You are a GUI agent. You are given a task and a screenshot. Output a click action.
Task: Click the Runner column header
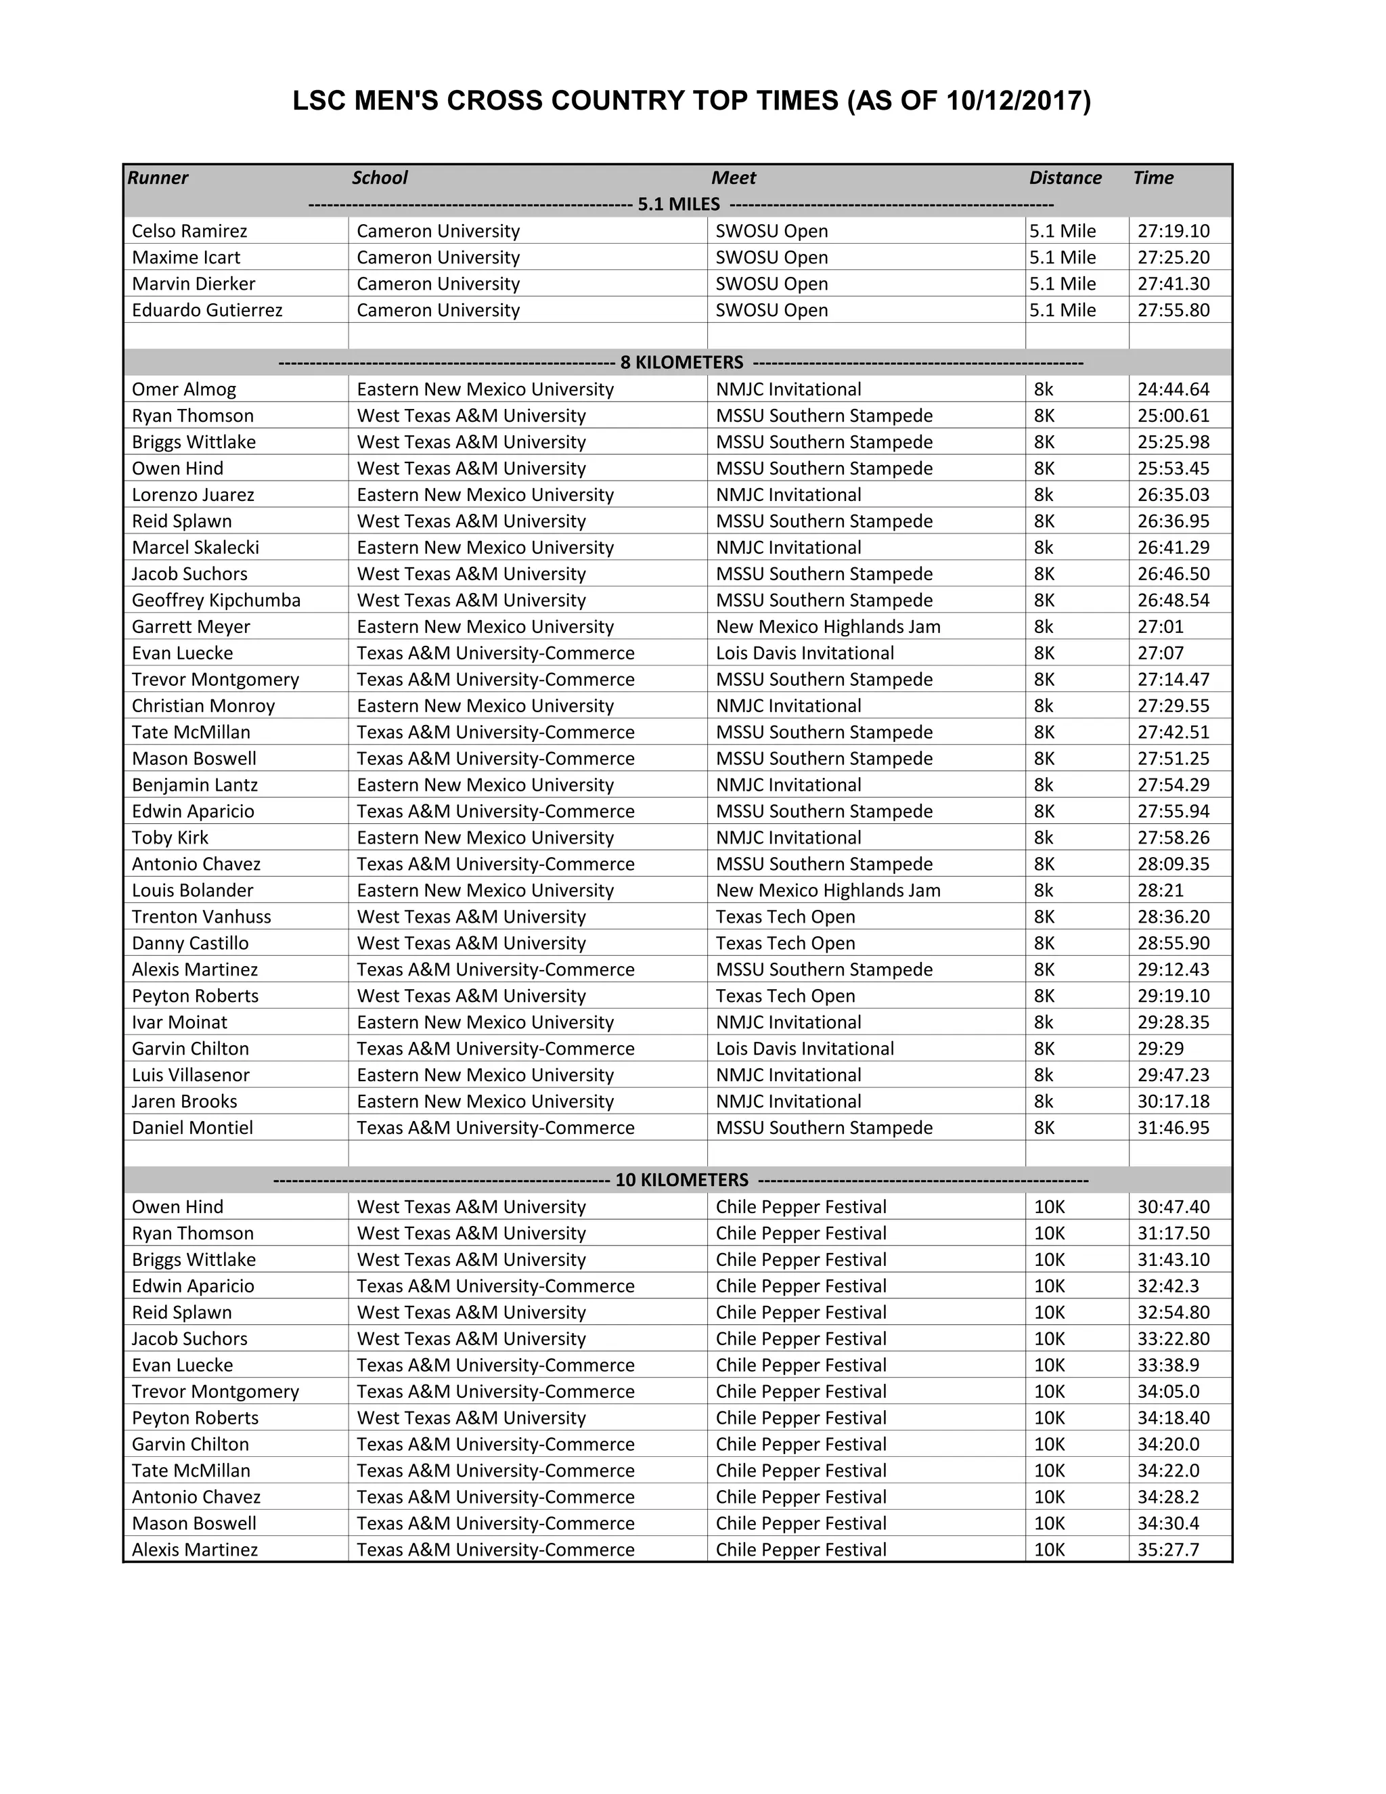tap(158, 178)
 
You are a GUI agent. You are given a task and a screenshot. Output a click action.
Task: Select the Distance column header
tap(1065, 178)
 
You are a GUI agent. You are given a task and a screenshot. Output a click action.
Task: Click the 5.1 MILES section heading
tap(678, 204)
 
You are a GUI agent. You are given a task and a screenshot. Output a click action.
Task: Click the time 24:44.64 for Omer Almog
tap(1173, 389)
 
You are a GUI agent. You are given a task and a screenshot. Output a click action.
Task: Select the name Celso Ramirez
tap(189, 231)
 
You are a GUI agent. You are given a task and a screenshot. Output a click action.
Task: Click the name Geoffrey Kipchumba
tap(216, 600)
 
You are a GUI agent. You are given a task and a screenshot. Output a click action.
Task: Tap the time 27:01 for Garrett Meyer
tap(1160, 627)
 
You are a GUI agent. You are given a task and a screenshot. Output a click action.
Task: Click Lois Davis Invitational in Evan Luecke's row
tap(804, 653)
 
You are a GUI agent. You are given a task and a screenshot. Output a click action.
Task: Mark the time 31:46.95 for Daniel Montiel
tap(1173, 1128)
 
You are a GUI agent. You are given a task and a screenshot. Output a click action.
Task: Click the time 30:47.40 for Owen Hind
tap(1173, 1206)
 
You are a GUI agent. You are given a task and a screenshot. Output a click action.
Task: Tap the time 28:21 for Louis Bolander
tap(1160, 890)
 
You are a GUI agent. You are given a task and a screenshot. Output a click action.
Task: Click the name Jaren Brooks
tap(184, 1101)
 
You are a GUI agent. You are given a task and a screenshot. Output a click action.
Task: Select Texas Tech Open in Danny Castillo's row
tap(785, 943)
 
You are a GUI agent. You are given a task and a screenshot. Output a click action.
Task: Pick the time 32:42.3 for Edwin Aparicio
tap(1167, 1286)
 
